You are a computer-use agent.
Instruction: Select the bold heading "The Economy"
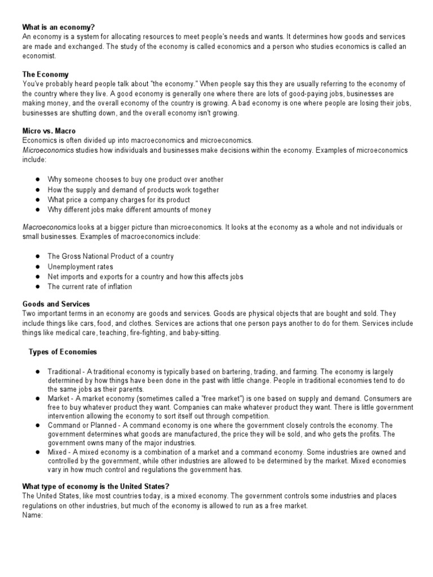(x=46, y=74)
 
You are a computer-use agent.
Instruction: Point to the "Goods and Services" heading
(x=56, y=304)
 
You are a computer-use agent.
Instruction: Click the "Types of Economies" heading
(x=63, y=352)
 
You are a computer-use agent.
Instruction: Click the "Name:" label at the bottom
(x=33, y=515)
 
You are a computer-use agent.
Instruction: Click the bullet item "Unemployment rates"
(x=80, y=267)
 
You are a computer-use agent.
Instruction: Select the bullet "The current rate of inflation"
(x=90, y=286)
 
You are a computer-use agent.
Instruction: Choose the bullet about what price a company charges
(x=118, y=199)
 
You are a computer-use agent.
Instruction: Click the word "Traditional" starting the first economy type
(x=64, y=372)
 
